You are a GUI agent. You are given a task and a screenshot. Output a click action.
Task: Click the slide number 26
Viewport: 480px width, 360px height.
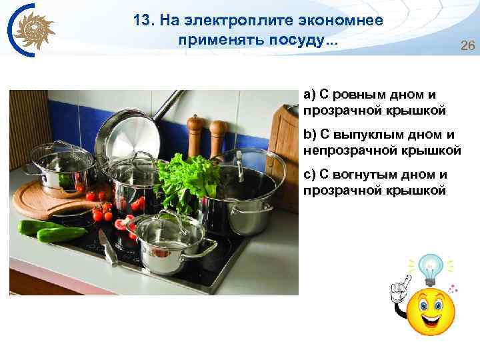[x=467, y=46]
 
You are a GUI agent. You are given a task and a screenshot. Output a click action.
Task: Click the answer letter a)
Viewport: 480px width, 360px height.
[x=309, y=93]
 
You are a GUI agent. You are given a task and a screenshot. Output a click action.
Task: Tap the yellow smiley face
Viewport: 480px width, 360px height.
[x=431, y=311]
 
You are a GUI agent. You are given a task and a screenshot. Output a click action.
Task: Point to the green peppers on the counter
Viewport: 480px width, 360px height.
[x=50, y=231]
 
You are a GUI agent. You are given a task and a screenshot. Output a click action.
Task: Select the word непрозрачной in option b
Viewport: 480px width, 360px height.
[x=347, y=151]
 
